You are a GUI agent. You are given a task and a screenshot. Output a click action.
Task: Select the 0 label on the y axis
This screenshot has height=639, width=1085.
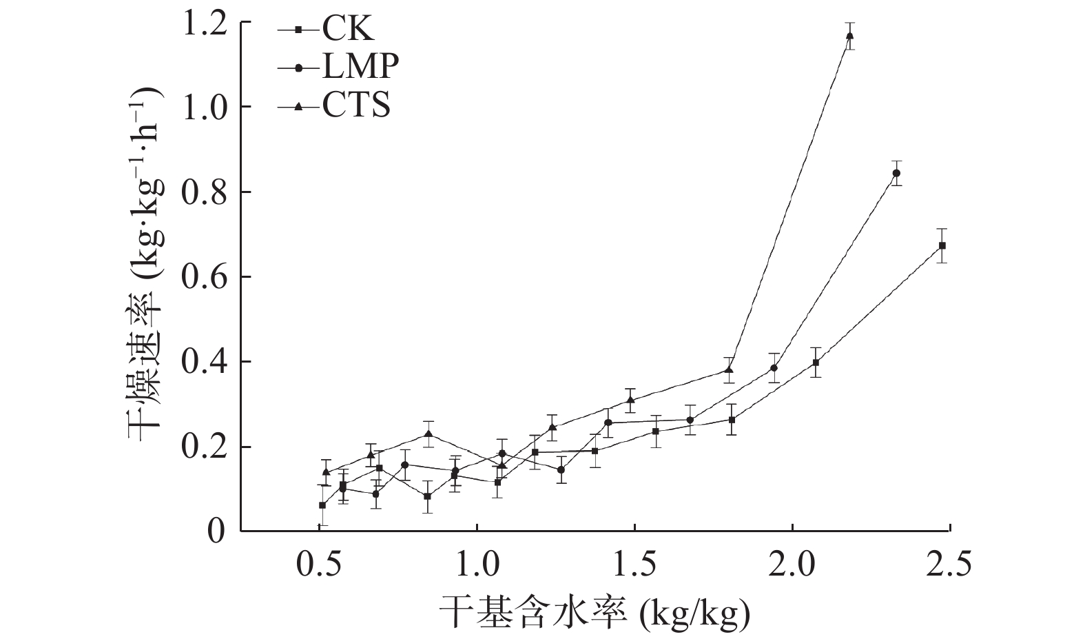[x=216, y=531]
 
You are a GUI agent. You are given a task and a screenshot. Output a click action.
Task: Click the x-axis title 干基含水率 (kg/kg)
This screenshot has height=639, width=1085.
[x=594, y=611]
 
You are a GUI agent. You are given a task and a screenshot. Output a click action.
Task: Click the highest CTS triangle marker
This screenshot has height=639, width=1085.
[x=849, y=36]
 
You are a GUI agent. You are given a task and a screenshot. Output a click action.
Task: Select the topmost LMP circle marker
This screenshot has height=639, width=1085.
[x=896, y=173]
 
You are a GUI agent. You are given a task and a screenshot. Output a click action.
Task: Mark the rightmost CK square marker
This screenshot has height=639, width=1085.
[x=942, y=245]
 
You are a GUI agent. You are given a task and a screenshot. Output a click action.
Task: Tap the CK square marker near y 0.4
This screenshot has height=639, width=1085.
[x=816, y=363]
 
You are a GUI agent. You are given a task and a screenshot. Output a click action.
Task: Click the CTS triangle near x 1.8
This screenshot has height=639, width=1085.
[x=729, y=370]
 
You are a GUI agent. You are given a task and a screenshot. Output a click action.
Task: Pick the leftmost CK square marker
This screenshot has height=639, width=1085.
[x=322, y=505]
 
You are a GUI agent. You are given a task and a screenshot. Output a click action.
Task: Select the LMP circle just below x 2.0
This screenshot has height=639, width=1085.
[x=774, y=368]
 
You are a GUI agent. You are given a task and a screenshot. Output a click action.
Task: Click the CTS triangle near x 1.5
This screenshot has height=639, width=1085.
[x=630, y=400]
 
